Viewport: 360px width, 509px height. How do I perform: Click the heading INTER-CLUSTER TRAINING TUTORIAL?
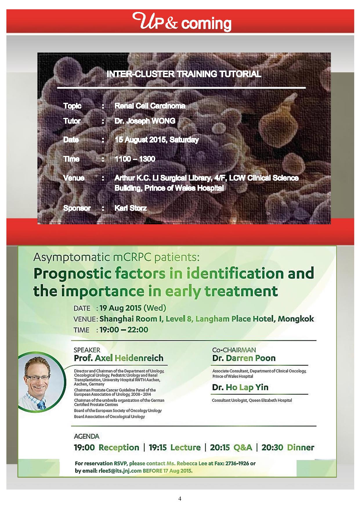(x=184, y=74)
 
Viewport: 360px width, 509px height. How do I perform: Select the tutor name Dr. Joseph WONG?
(x=145, y=121)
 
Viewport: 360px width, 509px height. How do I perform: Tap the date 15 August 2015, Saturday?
(x=157, y=140)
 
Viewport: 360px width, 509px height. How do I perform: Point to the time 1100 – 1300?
(x=135, y=159)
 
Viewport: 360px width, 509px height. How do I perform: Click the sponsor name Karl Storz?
(x=131, y=208)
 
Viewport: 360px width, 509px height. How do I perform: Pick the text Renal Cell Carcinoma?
(x=150, y=106)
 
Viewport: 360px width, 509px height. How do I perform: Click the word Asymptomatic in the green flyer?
(x=70, y=258)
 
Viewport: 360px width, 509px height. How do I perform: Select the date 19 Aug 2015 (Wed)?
(x=133, y=308)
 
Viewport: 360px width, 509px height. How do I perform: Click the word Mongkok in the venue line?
(x=296, y=319)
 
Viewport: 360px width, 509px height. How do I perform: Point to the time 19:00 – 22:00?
(x=124, y=330)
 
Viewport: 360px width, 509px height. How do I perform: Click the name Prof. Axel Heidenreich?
(x=119, y=358)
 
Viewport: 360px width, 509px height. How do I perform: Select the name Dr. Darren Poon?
(x=244, y=358)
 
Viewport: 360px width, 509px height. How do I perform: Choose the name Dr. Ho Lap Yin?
(x=240, y=387)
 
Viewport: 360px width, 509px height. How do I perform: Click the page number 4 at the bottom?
(x=180, y=499)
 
